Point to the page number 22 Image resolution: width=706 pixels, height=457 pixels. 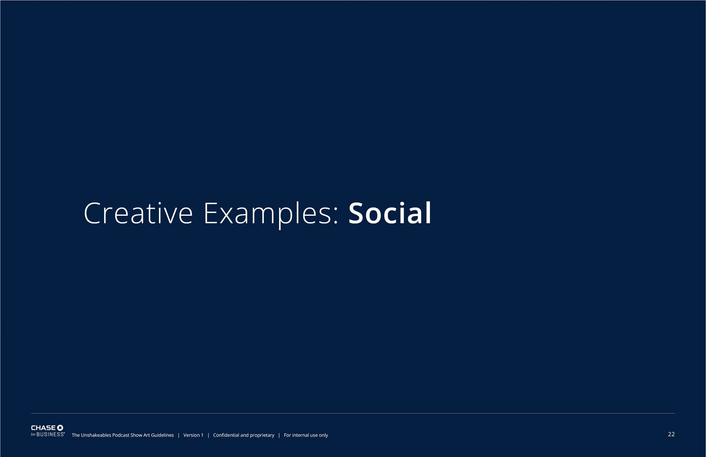click(x=671, y=434)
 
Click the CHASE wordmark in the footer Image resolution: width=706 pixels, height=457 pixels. click(x=43, y=428)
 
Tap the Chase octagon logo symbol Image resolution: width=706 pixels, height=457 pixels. click(x=60, y=428)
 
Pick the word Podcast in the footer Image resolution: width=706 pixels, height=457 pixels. click(x=121, y=435)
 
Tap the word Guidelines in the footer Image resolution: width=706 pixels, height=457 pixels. click(x=162, y=435)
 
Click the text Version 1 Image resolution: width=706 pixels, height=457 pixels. click(x=193, y=435)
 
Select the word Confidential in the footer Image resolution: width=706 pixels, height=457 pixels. click(x=226, y=435)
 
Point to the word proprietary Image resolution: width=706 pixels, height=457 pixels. click(x=262, y=435)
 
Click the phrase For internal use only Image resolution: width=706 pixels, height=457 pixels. click(x=306, y=435)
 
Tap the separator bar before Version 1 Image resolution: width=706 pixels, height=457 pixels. click(x=178, y=435)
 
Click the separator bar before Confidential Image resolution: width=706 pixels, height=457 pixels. click(x=208, y=435)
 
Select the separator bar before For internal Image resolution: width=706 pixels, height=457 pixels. click(x=279, y=435)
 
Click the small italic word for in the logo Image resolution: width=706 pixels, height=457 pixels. click(x=33, y=435)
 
